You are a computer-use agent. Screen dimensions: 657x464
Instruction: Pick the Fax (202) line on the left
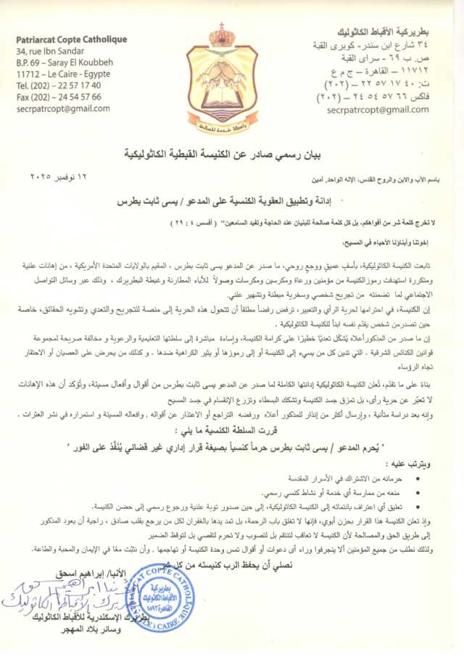coord(58,97)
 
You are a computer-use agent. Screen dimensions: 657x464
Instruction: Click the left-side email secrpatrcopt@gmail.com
coord(62,108)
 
